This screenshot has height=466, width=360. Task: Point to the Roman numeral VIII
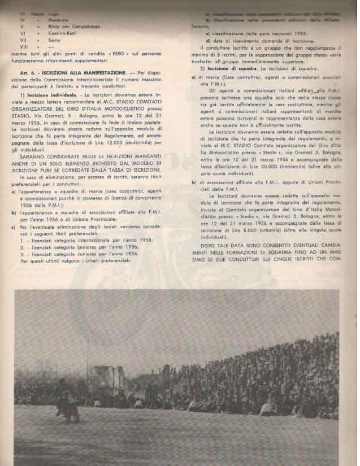click(24, 48)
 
